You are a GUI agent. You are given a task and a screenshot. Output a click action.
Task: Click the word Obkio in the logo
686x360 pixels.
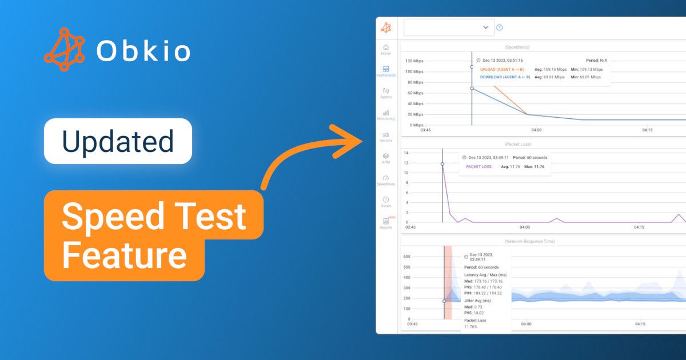(143, 51)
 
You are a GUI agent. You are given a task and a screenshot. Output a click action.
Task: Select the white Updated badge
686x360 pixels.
(118, 141)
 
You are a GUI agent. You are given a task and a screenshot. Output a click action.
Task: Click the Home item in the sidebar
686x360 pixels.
(386, 50)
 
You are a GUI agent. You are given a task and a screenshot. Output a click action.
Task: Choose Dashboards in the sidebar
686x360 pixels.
(386, 71)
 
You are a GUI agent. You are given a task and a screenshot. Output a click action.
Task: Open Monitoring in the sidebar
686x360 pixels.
(386, 115)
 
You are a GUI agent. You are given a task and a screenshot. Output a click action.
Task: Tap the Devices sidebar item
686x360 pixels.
(386, 137)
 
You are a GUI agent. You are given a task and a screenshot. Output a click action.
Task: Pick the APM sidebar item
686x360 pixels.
(386, 158)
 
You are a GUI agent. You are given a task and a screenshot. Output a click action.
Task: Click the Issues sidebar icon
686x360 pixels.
(386, 202)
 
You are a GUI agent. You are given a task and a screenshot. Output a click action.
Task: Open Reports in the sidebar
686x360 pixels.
(386, 223)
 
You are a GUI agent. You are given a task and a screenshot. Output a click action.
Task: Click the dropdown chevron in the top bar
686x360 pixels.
(486, 27)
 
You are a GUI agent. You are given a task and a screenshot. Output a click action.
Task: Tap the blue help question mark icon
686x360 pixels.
(499, 27)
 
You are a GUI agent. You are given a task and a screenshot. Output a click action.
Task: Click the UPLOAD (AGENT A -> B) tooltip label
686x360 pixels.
(501, 70)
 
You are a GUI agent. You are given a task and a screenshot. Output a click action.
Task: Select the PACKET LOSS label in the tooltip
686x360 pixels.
(478, 167)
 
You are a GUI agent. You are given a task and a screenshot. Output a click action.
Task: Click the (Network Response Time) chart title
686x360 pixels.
(529, 242)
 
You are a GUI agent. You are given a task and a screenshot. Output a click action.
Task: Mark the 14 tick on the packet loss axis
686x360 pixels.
(406, 153)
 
